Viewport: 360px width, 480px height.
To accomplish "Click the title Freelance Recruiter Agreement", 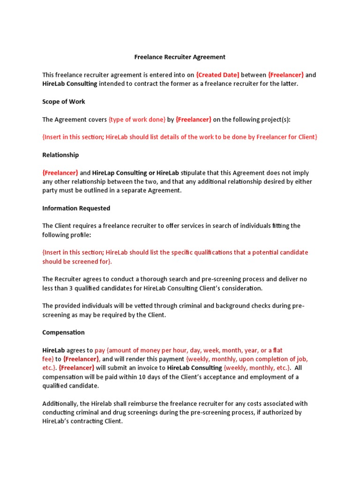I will [180, 57].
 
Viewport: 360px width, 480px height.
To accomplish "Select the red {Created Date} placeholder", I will [217, 75].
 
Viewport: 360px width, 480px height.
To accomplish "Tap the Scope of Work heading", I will [64, 102].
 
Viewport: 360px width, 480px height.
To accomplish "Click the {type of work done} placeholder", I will [137, 120].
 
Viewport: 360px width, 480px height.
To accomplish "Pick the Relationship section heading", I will [60, 155].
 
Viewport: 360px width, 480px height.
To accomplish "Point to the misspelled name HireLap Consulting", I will [119, 173].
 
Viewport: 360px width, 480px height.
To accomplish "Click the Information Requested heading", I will [76, 209].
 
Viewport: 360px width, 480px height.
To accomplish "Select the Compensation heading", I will [63, 333].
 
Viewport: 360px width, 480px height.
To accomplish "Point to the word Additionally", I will [61, 404].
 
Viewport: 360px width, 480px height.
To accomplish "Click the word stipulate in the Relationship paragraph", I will [193, 173].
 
